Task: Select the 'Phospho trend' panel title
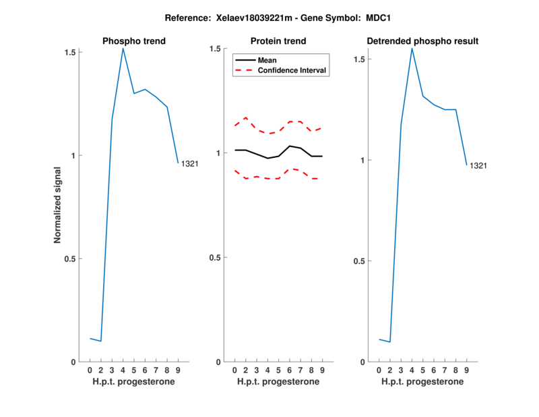(x=134, y=41)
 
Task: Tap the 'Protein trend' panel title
(x=278, y=41)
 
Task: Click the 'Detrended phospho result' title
(x=422, y=41)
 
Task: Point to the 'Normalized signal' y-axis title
(x=58, y=206)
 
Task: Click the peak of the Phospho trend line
(x=123, y=48)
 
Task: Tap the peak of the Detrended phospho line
(x=412, y=48)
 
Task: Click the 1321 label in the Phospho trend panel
(x=190, y=164)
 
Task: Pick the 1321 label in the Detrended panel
(x=478, y=166)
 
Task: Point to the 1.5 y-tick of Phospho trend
(x=71, y=52)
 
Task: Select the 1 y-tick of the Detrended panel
(x=363, y=161)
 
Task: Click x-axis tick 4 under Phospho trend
(x=123, y=370)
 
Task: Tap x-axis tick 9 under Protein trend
(x=322, y=370)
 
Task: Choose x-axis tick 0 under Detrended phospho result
(x=379, y=370)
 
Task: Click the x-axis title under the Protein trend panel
(x=278, y=382)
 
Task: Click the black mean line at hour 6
(x=289, y=146)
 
